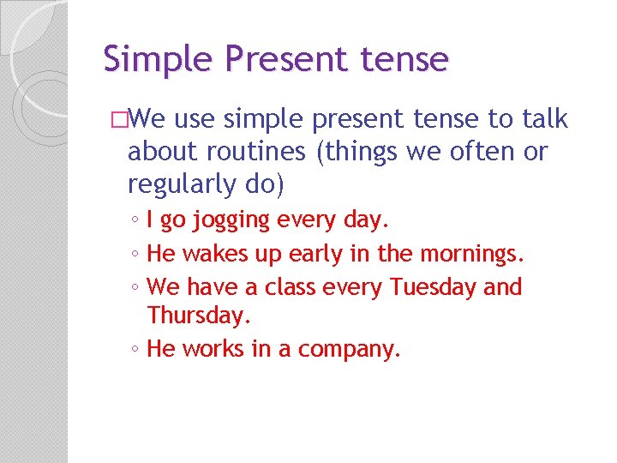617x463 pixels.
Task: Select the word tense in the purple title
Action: pyautogui.click(x=402, y=60)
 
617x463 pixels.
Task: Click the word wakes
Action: pyautogui.click(x=219, y=254)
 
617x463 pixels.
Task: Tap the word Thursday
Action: pyautogui.click(x=199, y=316)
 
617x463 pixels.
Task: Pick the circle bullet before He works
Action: pyautogui.click(x=136, y=350)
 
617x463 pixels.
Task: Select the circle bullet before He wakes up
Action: pyautogui.click(x=136, y=255)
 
